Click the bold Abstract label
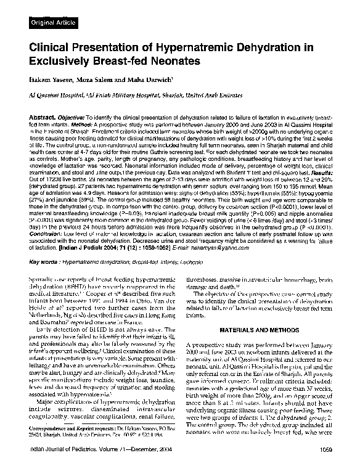pyautogui.click(x=43, y=117)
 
